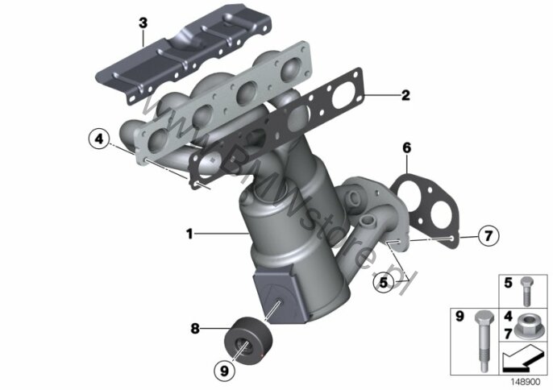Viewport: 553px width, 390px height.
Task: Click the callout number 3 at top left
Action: pyautogui.click(x=143, y=23)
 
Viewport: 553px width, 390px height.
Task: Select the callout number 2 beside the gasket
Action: pyautogui.click(x=405, y=95)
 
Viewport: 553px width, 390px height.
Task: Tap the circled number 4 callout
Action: pyautogui.click(x=99, y=139)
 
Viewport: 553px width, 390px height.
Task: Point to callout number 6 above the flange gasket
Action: pyautogui.click(x=406, y=147)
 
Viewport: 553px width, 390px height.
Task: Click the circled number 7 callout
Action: pyautogui.click(x=489, y=235)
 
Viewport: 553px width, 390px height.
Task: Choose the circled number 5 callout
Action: pyautogui.click(x=384, y=282)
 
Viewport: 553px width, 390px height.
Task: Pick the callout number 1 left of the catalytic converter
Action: pyautogui.click(x=189, y=234)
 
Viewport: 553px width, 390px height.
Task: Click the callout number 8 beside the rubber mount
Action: pyautogui.click(x=195, y=329)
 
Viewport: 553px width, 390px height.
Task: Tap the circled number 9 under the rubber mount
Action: pyautogui.click(x=224, y=371)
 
